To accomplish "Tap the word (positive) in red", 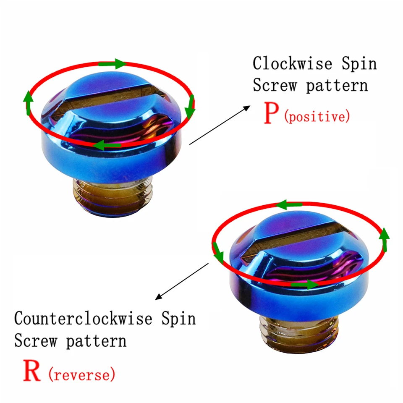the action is coord(317,116).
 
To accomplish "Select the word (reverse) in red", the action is coord(81,374).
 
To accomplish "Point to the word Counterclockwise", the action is coord(83,318).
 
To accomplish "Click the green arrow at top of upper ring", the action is coord(113,64).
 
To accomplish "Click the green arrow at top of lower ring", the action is coord(289,205).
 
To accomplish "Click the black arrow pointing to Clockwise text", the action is coord(218,125).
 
